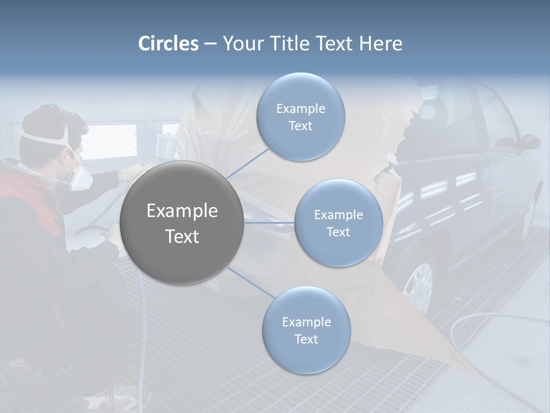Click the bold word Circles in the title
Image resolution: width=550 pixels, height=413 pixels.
click(x=168, y=44)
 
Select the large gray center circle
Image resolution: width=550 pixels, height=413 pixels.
click(x=182, y=223)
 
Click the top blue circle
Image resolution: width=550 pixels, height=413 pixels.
click(x=300, y=116)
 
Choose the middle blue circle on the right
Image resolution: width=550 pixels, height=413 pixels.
click(x=338, y=223)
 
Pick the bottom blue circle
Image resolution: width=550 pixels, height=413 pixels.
click(x=306, y=330)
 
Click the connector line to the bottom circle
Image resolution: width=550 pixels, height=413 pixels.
click(x=250, y=283)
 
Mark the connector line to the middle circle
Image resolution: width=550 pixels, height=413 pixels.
click(x=269, y=223)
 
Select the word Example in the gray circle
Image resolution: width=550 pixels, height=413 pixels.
click(x=182, y=211)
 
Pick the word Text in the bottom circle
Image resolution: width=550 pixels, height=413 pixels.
click(x=306, y=339)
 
